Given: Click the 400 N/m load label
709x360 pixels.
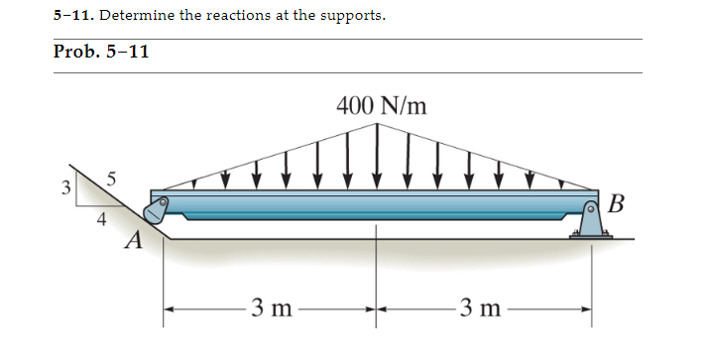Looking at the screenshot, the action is click(382, 105).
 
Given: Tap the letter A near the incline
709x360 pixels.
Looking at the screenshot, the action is click(133, 240).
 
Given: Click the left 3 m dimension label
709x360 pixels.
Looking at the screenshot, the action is click(269, 308).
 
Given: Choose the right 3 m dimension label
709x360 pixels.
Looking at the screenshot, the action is click(483, 308).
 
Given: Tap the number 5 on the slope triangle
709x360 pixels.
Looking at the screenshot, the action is click(112, 180).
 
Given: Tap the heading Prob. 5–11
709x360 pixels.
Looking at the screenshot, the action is click(101, 53).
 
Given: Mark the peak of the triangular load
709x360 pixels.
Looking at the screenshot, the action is click(378, 126).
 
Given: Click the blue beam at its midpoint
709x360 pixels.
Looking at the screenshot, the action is click(377, 204).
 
